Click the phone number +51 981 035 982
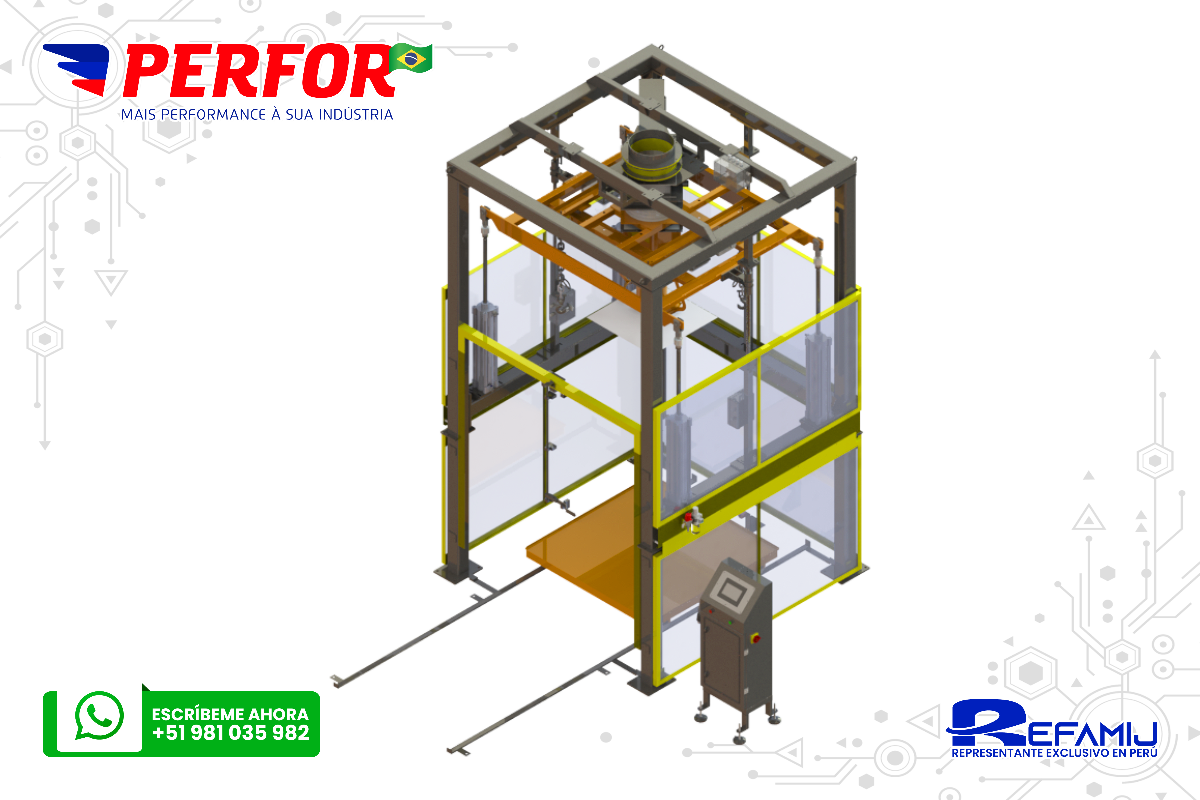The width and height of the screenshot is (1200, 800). point(231,733)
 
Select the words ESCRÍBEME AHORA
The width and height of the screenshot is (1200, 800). point(230,714)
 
